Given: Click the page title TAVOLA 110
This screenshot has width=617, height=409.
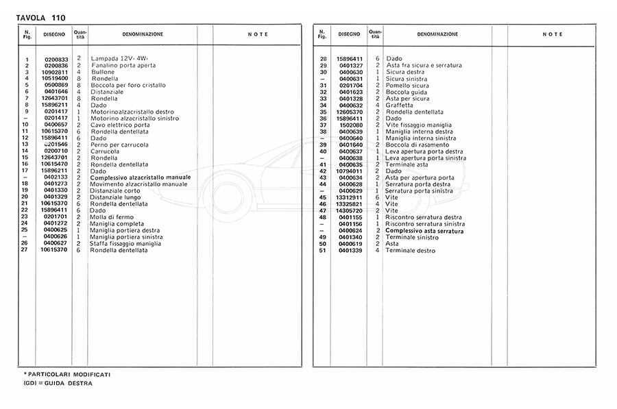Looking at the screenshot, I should tap(41, 16).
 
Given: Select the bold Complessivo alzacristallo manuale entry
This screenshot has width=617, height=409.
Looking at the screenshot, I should tap(140, 177).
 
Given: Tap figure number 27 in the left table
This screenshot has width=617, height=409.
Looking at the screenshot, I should tap(24, 250).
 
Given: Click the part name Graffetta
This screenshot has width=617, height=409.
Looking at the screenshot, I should tap(400, 105).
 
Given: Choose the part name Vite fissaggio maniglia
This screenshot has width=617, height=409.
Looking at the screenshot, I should tap(419, 125).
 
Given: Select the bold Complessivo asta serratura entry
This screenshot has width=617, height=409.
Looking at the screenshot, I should tap(424, 232).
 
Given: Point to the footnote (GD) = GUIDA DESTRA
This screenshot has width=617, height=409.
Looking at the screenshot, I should tap(58, 384).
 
